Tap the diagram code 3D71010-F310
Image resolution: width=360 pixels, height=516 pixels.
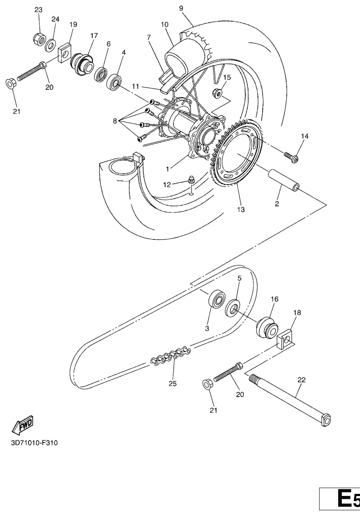[34, 443]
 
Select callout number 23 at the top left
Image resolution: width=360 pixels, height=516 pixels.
[39, 10]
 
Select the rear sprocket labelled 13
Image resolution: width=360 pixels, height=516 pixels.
[237, 153]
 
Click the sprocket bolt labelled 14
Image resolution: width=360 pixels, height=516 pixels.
[291, 156]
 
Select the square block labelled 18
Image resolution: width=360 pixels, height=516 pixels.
[285, 339]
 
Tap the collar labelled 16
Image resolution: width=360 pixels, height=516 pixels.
[267, 327]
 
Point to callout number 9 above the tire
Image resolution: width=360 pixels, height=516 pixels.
[181, 8]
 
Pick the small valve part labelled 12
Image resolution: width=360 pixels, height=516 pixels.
[190, 180]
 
